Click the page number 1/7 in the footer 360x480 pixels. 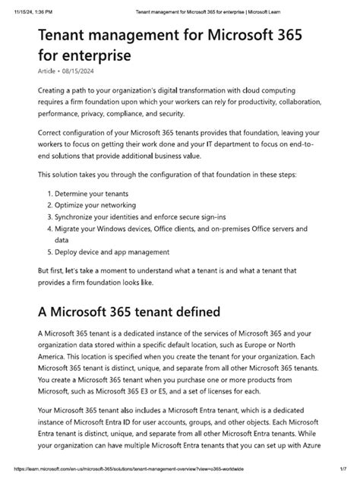coord(343,473)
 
